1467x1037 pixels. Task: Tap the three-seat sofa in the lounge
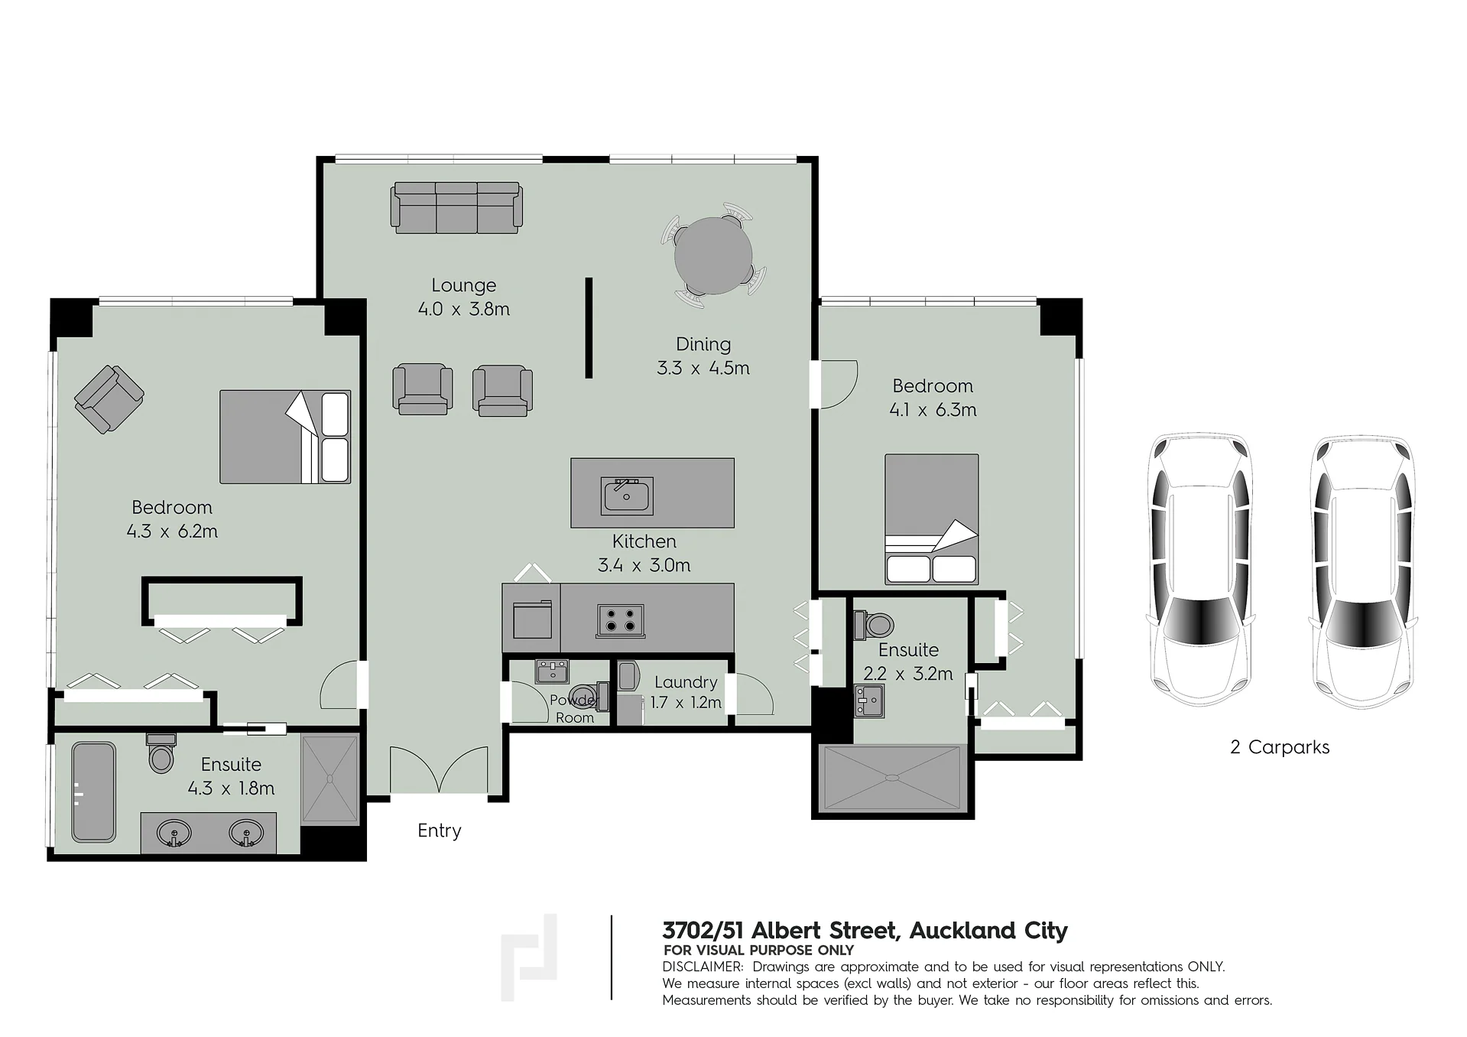point(456,207)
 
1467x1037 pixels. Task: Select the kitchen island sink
point(627,496)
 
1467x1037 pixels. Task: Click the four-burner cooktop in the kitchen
point(620,620)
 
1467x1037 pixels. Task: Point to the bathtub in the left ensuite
point(94,792)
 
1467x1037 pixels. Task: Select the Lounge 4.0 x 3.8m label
point(464,297)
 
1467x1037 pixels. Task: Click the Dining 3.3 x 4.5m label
point(703,356)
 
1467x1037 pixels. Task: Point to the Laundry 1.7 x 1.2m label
point(686,692)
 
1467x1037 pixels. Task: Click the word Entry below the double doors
point(440,831)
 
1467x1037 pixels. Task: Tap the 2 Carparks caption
point(1280,747)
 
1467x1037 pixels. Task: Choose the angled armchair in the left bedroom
point(109,399)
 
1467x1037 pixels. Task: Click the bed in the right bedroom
point(932,519)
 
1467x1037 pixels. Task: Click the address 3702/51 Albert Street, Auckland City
point(865,931)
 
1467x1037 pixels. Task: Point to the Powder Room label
point(574,709)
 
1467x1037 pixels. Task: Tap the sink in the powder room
point(552,671)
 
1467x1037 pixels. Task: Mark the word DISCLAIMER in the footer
point(703,967)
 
